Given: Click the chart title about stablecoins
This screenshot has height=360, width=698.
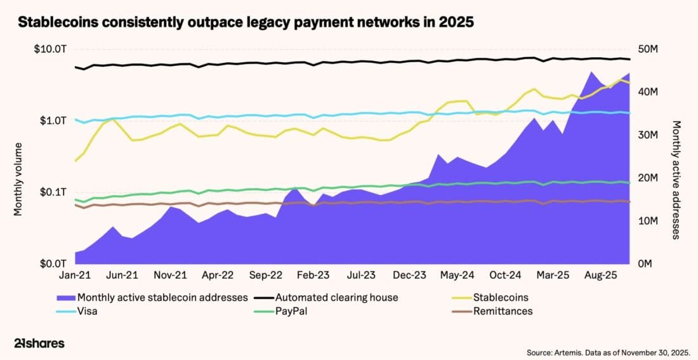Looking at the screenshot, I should click(x=246, y=22).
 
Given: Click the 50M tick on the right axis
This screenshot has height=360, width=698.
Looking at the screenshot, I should click(x=647, y=49).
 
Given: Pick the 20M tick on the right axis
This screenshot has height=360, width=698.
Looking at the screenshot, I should click(x=647, y=178).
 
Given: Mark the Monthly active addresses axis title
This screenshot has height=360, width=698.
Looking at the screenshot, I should click(x=676, y=180).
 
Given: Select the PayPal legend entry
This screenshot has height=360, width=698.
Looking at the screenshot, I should click(x=291, y=311).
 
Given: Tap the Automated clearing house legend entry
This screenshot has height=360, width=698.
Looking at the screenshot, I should click(x=337, y=297).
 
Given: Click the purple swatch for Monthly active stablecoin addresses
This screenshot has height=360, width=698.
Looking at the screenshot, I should click(x=65, y=297).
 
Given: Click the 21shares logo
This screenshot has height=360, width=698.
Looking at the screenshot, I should click(x=39, y=343).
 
